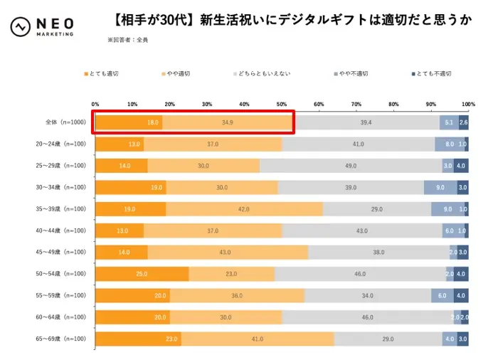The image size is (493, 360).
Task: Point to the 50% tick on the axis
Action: (282, 105)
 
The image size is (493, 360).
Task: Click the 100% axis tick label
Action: (467, 105)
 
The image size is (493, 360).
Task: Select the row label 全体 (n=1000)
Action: (65, 122)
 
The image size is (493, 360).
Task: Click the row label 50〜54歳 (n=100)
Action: (65, 274)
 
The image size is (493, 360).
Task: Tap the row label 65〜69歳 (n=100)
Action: (65, 339)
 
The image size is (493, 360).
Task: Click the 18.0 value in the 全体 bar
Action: (153, 122)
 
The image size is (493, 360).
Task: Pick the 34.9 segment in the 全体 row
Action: (228, 122)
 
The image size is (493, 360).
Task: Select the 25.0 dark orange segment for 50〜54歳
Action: (142, 274)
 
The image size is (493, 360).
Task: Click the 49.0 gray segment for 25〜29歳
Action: (351, 166)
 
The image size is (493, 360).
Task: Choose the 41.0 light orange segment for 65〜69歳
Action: (258, 339)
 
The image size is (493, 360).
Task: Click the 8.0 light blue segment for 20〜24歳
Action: (450, 144)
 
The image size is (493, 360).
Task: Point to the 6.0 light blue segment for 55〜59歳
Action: (442, 296)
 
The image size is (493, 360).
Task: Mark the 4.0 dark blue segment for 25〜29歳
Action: (461, 166)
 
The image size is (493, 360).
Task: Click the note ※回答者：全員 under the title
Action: (128, 41)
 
